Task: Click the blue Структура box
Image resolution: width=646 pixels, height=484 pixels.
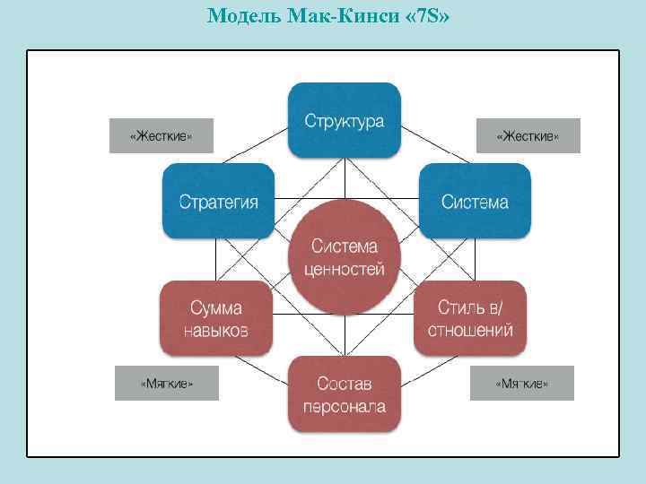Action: (344, 120)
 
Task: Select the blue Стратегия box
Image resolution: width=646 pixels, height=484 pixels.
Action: (218, 201)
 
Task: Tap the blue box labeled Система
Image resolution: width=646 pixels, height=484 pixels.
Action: (475, 201)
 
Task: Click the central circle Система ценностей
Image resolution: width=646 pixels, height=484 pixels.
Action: (344, 257)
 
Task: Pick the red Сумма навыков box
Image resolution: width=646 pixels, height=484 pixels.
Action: (215, 318)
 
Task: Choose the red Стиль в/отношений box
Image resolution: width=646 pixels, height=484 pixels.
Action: (470, 318)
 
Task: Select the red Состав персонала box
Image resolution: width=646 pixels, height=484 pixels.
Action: (344, 394)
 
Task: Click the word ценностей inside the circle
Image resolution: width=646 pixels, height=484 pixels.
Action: (344, 268)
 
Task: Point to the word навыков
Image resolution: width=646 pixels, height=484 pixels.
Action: (215, 330)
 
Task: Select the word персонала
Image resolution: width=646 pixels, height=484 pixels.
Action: (344, 406)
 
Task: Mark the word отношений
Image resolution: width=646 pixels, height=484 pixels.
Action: (470, 330)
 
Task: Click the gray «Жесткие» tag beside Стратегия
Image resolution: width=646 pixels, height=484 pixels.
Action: (161, 136)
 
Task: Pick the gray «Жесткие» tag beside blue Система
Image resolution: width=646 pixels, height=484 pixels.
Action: (528, 136)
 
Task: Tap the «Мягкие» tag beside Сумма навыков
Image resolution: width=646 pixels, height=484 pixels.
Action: (167, 384)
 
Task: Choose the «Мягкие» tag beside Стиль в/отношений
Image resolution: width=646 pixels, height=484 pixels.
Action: (522, 384)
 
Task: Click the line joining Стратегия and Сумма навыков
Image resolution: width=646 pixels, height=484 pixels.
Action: (215, 260)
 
